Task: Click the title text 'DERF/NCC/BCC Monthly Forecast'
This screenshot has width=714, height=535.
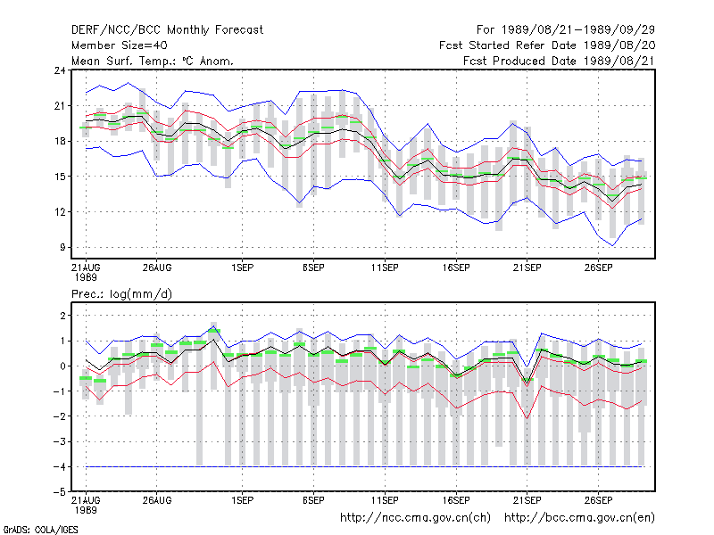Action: pos(167,30)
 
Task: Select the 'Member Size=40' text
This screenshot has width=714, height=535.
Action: pos(120,45)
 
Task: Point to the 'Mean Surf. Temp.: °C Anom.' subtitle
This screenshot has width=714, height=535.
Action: pos(153,61)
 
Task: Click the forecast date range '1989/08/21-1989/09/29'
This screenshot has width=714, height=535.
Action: pos(577,30)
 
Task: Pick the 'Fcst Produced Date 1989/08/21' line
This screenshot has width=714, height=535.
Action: pos(560,61)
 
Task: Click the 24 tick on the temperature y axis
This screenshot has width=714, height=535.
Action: pos(60,70)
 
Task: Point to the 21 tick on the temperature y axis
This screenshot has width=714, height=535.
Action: pos(60,106)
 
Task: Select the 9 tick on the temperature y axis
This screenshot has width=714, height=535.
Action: pos(62,248)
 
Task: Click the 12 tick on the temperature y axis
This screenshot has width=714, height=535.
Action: pos(60,212)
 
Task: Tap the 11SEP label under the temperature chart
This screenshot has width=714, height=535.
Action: pos(385,267)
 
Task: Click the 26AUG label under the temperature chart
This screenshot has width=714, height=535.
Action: pos(157,267)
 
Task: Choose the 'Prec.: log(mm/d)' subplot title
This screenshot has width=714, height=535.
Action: pos(122,294)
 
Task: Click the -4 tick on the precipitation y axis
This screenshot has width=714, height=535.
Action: pos(60,466)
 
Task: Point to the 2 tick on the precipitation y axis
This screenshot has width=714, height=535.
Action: pos(62,316)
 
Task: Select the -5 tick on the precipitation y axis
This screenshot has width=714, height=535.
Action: pos(60,492)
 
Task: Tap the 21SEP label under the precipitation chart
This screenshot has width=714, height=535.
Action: pos(527,500)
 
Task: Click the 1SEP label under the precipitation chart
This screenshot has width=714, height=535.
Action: pos(242,500)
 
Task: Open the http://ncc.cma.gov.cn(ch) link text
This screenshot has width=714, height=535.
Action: pos(415,518)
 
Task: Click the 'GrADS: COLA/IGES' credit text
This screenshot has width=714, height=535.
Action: pos(41,530)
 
